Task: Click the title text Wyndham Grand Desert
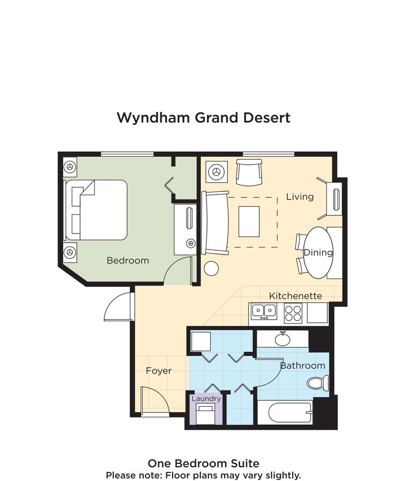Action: pyautogui.click(x=203, y=118)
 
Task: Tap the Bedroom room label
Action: pyautogui.click(x=127, y=261)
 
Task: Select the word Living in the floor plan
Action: pyautogui.click(x=300, y=197)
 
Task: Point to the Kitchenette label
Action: pyautogui.click(x=295, y=296)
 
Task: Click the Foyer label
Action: pyautogui.click(x=159, y=370)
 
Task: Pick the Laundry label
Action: pyautogui.click(x=206, y=399)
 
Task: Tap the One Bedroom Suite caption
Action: pyautogui.click(x=203, y=463)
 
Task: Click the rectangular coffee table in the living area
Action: pyautogui.click(x=249, y=221)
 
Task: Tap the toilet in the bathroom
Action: pyautogui.click(x=319, y=383)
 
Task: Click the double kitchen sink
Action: pyautogui.click(x=264, y=310)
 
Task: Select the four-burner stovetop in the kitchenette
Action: pyautogui.click(x=293, y=313)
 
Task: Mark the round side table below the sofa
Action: pyautogui.click(x=211, y=268)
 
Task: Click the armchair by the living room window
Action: pyautogui.click(x=249, y=172)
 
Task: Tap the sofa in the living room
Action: pyautogui.click(x=215, y=222)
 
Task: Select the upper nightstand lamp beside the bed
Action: pyautogui.click(x=69, y=166)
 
